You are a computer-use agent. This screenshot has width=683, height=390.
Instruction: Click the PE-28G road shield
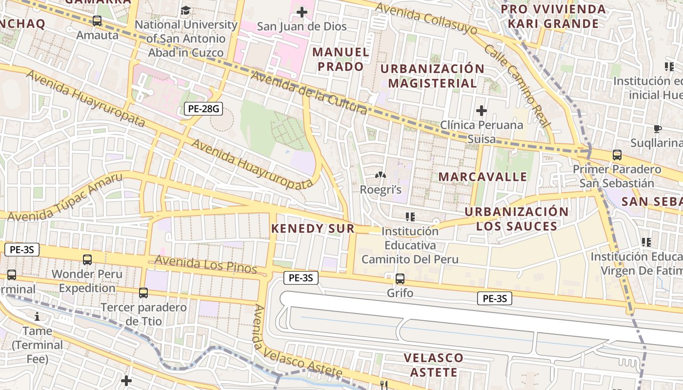coord(203,109)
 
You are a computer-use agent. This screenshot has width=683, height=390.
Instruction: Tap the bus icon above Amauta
coord(97,21)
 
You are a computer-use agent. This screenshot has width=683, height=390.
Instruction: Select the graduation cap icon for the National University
coord(185,11)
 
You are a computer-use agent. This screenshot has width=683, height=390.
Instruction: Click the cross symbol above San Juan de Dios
coord(302,12)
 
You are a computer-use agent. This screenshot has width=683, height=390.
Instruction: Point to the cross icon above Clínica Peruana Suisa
coord(482,111)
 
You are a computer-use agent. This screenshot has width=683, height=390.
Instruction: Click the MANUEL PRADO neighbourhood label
coord(341,59)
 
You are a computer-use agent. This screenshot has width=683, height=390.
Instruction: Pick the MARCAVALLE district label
coord(483,176)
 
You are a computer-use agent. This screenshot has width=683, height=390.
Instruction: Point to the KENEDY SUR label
coord(313,228)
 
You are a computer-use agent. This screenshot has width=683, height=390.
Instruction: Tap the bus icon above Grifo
coord(400,279)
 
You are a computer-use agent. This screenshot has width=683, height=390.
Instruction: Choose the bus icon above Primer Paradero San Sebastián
coord(617,155)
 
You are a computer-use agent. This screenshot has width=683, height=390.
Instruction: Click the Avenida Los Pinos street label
coord(205,264)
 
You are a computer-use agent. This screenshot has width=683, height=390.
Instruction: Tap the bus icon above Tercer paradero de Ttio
coord(143,293)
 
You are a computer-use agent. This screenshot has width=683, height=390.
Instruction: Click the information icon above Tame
coord(37,316)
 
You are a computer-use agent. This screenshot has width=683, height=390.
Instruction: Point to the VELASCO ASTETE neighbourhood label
coord(433,365)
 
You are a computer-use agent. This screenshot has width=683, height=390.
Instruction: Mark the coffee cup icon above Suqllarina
coord(658,129)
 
